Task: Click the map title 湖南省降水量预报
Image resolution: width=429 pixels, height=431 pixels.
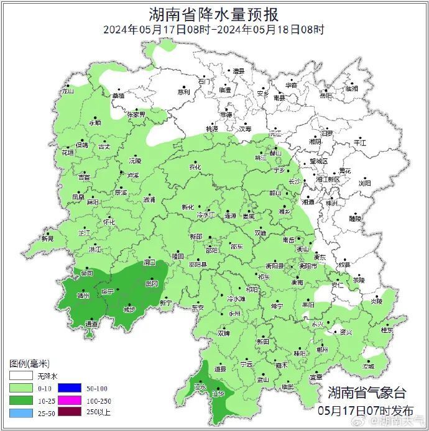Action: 214,14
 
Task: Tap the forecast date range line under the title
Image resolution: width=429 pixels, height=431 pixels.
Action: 214,29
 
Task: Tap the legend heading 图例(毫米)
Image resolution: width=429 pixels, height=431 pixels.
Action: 29,363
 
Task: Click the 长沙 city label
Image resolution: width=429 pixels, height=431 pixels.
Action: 295,181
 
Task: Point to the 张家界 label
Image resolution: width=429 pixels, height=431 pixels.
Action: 136,115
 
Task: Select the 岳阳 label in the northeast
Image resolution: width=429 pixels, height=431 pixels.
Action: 326,96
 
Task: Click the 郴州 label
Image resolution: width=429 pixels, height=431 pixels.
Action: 322,350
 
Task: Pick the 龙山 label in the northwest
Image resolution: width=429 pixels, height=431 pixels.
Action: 67,91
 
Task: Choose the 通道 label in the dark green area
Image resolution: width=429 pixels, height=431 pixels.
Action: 91,324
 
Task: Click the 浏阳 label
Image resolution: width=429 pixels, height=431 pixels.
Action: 364,184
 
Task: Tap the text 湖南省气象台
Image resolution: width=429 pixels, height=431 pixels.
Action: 367,392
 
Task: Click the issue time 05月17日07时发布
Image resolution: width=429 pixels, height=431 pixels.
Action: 366,411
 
